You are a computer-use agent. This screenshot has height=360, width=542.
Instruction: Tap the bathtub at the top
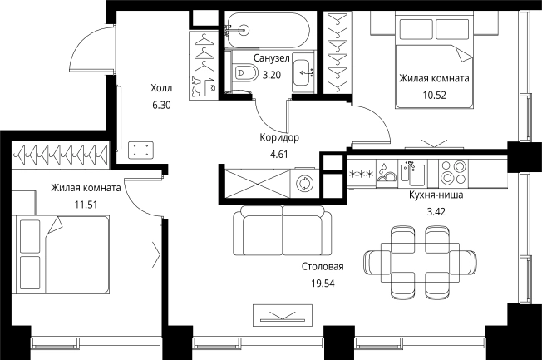tap(267, 30)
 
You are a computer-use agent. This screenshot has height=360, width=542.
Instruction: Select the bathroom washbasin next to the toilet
tap(303, 72)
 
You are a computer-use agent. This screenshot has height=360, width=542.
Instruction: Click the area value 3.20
tap(272, 75)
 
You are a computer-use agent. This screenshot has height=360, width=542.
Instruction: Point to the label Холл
tap(161, 88)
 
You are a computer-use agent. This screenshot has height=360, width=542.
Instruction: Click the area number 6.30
tap(161, 105)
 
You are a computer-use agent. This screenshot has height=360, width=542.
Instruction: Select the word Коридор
tap(279, 138)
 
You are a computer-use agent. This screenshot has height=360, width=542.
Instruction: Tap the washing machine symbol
tap(305, 183)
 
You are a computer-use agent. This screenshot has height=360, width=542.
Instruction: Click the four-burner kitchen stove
tap(453, 173)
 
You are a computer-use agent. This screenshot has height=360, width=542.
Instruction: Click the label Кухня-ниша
tap(436, 195)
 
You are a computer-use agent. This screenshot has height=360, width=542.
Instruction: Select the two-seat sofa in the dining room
tap(282, 230)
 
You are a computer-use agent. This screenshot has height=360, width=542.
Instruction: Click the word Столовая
tap(323, 267)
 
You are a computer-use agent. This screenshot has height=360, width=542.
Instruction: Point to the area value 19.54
tap(323, 284)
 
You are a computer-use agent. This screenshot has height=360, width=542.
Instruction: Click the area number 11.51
tap(86, 205)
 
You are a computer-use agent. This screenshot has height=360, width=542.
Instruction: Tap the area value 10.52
tap(435, 95)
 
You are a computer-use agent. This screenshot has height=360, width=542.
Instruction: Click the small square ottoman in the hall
tap(140, 150)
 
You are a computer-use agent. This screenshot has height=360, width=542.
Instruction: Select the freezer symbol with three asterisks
tap(362, 174)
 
